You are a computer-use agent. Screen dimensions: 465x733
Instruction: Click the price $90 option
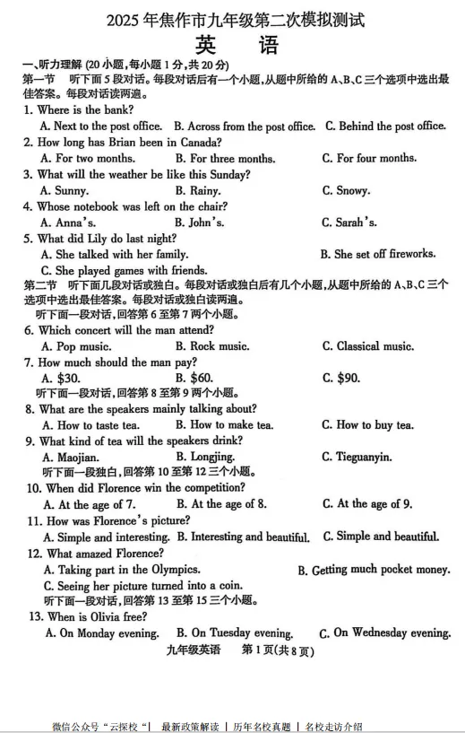tap(341, 378)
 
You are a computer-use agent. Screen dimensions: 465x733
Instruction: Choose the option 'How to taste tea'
tap(91, 425)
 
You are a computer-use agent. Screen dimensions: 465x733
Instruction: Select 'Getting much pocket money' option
tap(374, 570)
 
